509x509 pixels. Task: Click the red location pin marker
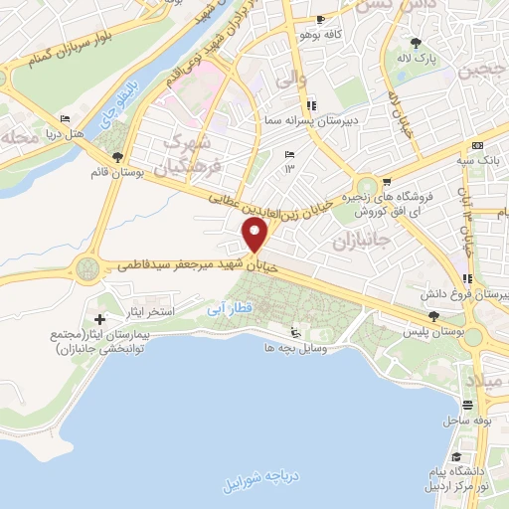(256, 236)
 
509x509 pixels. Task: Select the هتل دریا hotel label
(67, 131)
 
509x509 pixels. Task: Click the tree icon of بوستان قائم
(119, 157)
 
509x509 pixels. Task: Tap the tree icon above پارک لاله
(415, 43)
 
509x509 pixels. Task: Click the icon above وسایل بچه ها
(293, 333)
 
